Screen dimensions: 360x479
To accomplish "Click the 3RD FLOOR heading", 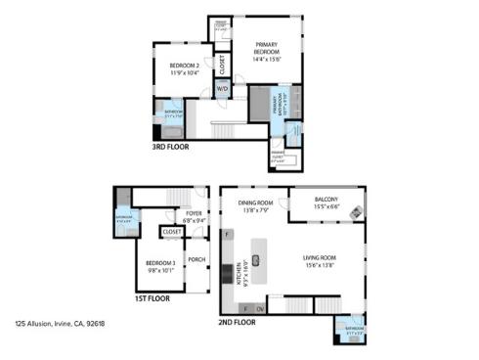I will [x=171, y=147].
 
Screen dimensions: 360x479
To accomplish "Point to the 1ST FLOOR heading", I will [x=152, y=298].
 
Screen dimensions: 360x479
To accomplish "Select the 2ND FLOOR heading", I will [x=239, y=321].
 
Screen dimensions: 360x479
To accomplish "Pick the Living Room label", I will [x=320, y=261].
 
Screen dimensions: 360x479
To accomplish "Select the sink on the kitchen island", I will [x=256, y=259].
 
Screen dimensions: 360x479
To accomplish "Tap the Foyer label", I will [x=194, y=216].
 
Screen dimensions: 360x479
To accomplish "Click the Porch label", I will [x=196, y=259].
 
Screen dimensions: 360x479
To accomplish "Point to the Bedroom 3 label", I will [x=161, y=265].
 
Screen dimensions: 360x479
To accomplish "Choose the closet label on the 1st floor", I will [x=170, y=233].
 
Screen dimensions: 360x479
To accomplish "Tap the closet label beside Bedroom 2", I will [x=223, y=65].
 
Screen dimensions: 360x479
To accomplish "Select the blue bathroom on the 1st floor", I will [x=125, y=218].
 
